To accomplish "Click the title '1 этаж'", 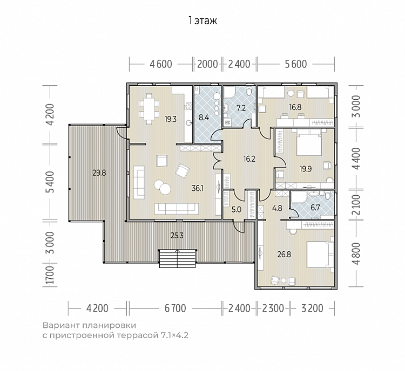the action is tap(202, 20).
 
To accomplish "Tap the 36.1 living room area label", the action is tap(198, 189).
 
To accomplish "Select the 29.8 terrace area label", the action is tap(99, 173).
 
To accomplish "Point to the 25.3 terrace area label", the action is tap(177, 235).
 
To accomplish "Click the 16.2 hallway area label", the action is tap(249, 159).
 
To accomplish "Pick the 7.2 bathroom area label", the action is tap(241, 108).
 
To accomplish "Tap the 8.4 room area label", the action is tap(204, 118).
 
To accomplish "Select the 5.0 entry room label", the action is tap(237, 209).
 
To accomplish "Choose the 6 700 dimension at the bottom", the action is tap(175, 308).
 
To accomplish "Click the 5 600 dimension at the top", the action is tap(296, 64).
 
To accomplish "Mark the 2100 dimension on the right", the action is tap(357, 205).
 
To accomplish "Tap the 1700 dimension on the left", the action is tap(50, 276).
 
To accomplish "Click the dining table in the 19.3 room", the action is tap(149, 108).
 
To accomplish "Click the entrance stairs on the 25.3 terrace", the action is tap(178, 259).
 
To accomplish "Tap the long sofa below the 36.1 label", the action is tap(177, 209).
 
